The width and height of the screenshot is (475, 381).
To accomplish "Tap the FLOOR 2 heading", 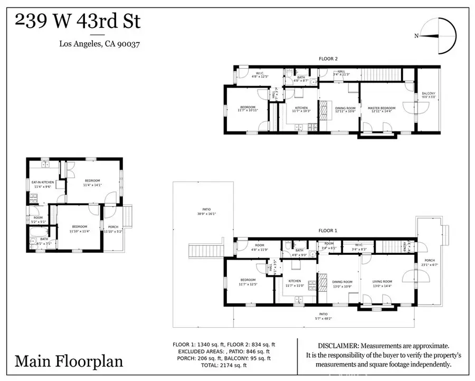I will (x=328, y=58).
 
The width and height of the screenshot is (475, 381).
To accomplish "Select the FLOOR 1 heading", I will (x=328, y=231).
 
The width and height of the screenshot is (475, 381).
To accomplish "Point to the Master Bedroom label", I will (x=381, y=109).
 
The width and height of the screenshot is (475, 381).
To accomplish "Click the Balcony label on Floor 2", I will (x=428, y=96).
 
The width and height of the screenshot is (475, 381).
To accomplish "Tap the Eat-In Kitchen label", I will (x=42, y=183).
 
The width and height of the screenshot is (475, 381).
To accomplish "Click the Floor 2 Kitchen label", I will (x=301, y=109).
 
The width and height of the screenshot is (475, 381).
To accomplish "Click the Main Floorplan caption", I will (x=69, y=361).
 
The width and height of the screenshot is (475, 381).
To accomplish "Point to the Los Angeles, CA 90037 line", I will (x=100, y=44).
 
